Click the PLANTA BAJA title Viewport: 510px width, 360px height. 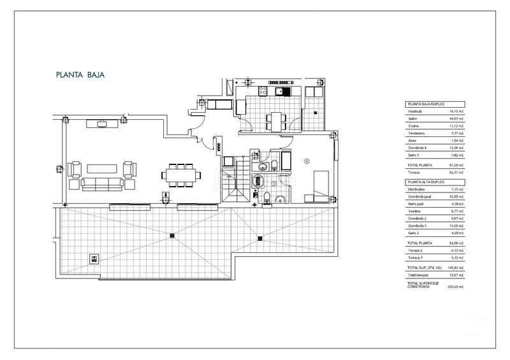click(80, 75)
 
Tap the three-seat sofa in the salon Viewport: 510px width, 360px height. click(103, 185)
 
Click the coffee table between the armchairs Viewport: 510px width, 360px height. click(103, 168)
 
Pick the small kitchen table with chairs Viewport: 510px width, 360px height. click(275, 119)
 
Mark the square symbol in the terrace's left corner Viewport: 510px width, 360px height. click(94, 259)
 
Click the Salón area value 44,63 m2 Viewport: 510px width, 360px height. click(456, 119)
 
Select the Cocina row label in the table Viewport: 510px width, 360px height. click(414, 126)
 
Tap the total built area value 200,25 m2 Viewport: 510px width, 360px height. click(456, 287)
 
